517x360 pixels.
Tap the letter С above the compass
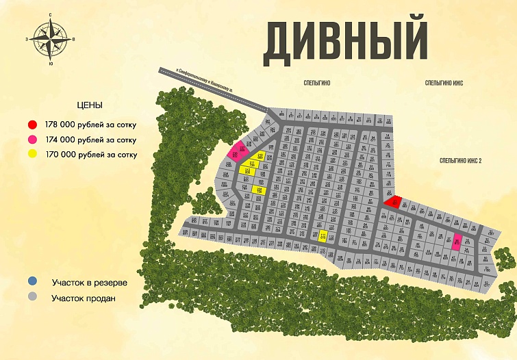pos(51,14)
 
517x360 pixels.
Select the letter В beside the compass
pos(74,40)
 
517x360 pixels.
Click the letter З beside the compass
pos(27,40)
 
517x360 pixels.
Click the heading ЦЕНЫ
pos(90,106)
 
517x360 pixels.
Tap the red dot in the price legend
pos(32,125)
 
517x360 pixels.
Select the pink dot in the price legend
pos(32,140)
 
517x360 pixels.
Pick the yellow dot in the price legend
pos(32,155)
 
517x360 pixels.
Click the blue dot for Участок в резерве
pos(32,281)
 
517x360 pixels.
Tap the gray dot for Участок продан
pos(32,298)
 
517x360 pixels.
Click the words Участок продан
pos(84,298)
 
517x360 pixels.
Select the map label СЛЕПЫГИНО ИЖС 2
pos(461,160)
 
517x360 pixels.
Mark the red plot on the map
pos(393,202)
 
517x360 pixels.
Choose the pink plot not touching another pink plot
pos(457,240)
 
